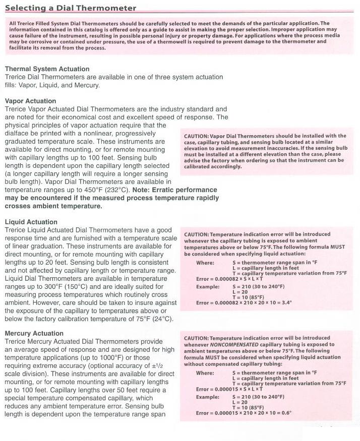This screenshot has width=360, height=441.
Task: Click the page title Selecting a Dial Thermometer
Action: (71, 8)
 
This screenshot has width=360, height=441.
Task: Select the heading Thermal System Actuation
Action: (47, 69)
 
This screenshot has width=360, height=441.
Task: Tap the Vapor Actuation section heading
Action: (30, 101)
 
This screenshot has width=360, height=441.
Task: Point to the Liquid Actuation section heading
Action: (31, 222)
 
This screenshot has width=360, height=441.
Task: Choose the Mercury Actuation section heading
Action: (34, 333)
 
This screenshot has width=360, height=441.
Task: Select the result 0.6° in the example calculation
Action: (283, 413)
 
